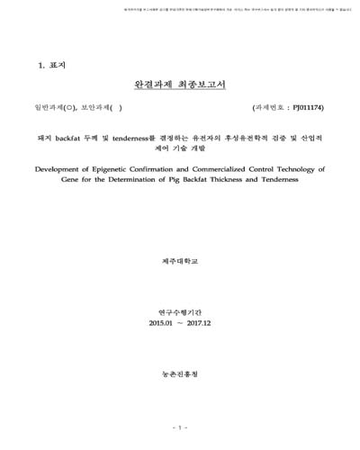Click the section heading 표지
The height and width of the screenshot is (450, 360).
tap(53, 66)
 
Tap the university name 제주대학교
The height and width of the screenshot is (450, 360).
tap(179, 258)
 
